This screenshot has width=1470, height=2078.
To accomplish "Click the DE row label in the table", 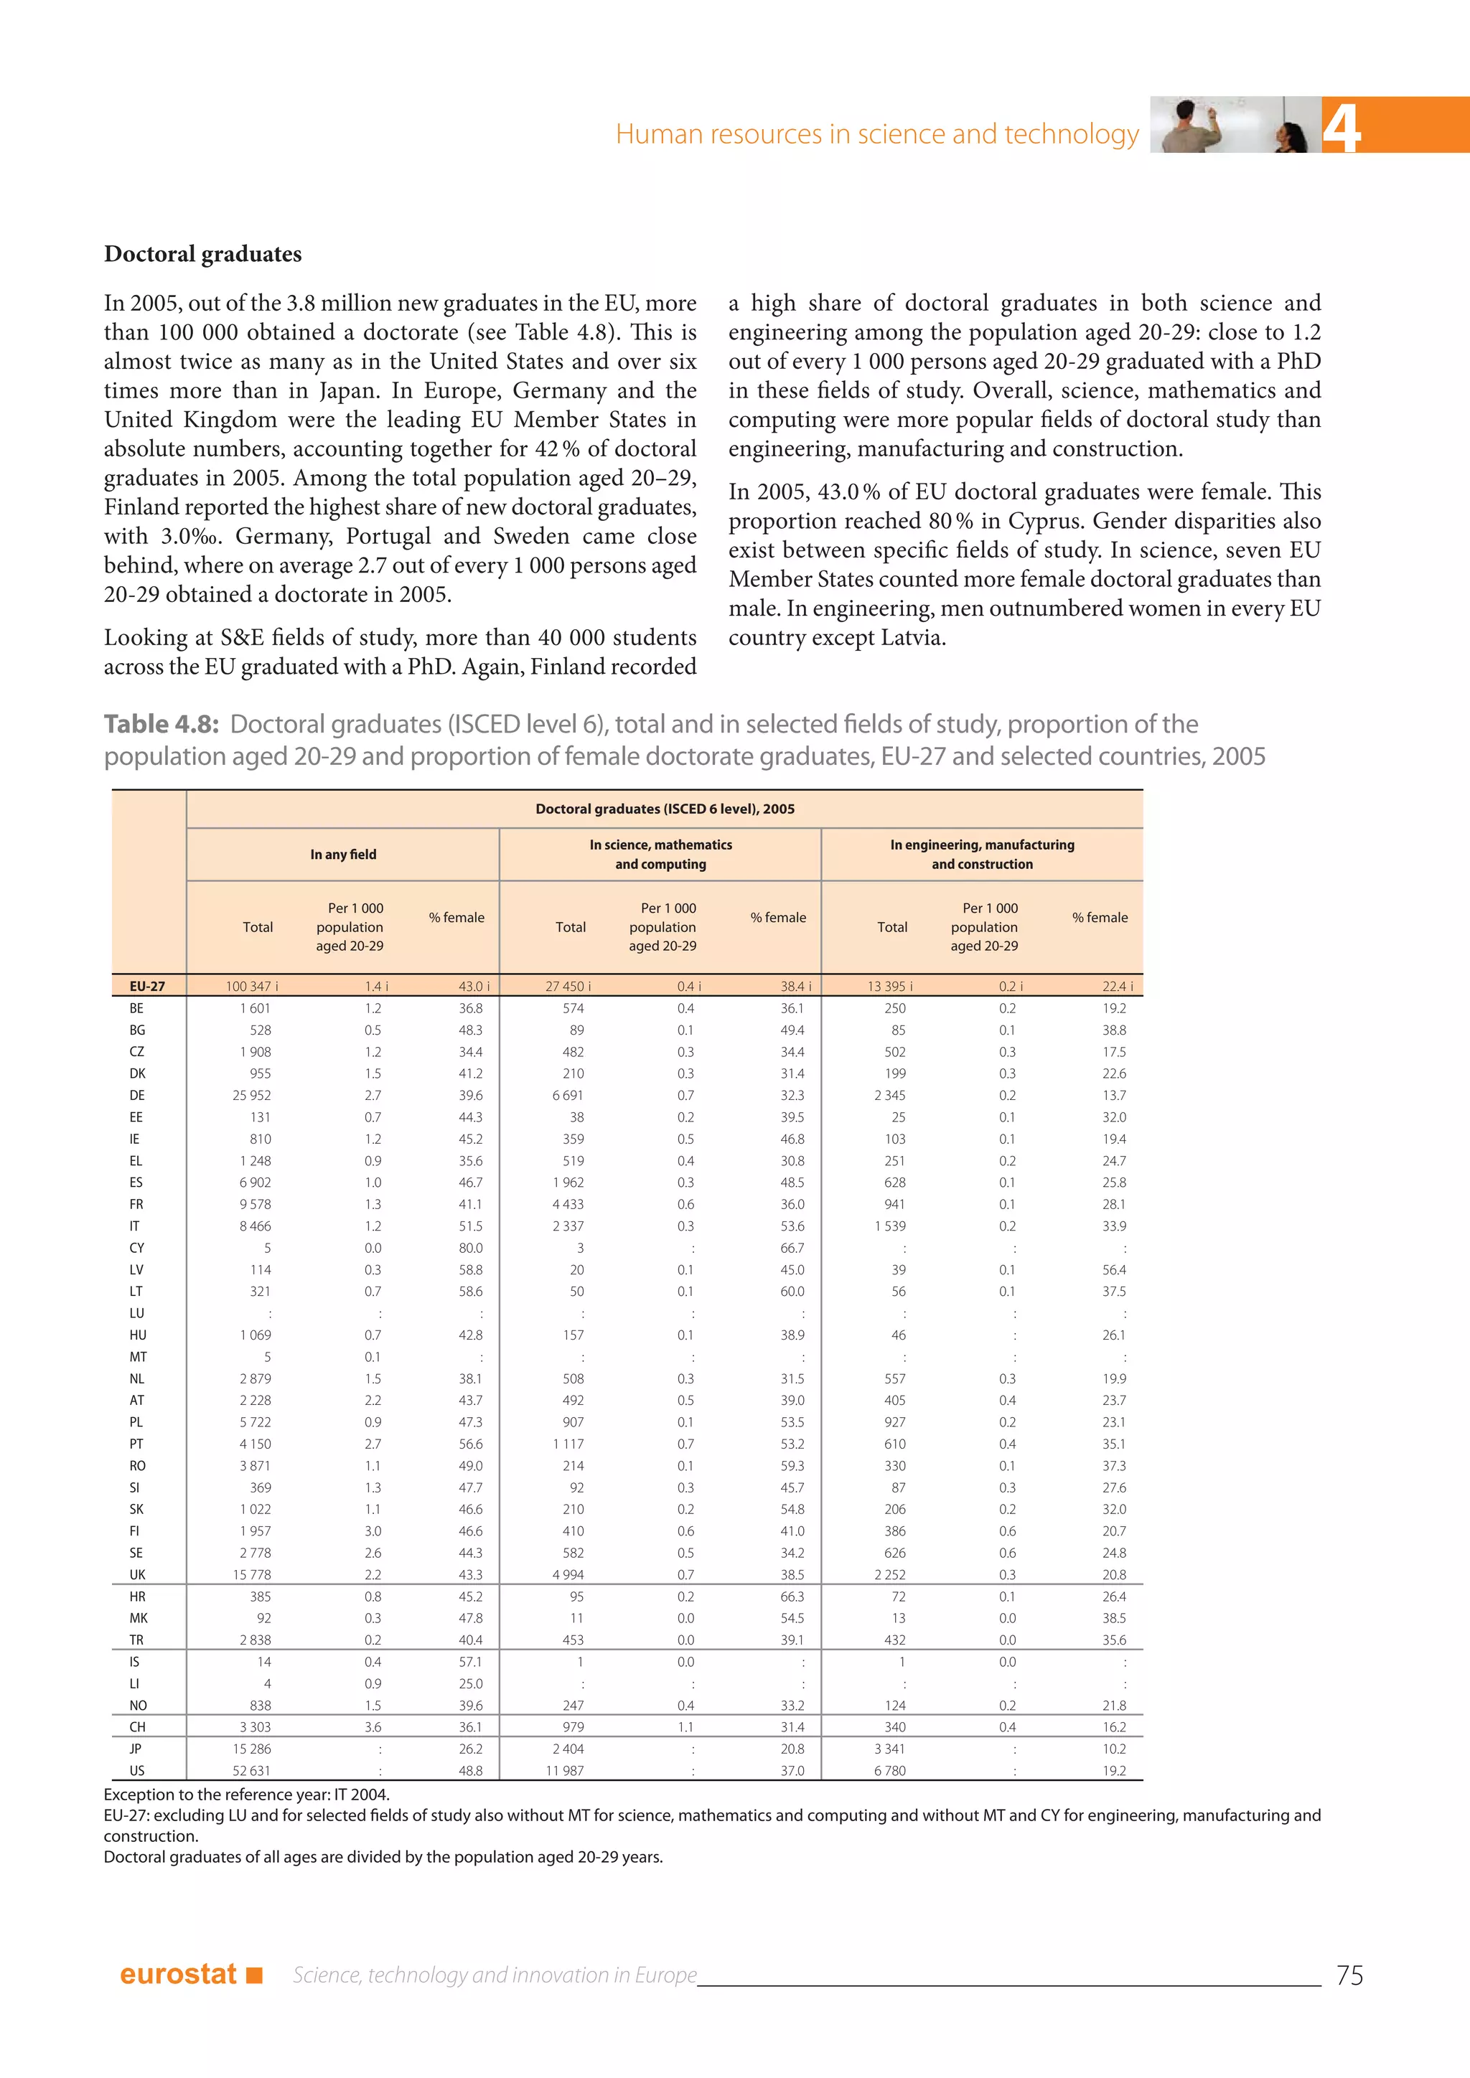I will (x=136, y=1095).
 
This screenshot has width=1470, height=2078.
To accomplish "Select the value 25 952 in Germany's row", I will (x=252, y=1095).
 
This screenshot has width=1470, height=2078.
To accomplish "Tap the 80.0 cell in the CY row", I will (x=470, y=1248).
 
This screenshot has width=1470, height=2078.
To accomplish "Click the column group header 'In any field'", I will (x=343, y=855).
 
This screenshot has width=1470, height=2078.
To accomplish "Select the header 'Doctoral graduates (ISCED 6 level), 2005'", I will (x=665, y=809).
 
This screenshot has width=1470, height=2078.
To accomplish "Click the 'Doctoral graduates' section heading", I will (x=202, y=254).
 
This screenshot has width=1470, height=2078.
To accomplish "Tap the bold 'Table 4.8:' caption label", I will (x=161, y=724).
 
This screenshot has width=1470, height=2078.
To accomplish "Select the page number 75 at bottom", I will (x=1349, y=1975).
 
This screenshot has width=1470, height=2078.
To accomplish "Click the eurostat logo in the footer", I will (x=190, y=1974).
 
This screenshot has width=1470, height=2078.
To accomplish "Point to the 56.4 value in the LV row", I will (x=1114, y=1270).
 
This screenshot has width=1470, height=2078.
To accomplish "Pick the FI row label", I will (x=135, y=1531).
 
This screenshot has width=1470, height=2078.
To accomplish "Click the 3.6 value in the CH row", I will (x=373, y=1727).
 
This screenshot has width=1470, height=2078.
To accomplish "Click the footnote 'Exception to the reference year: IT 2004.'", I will (x=246, y=1795).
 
